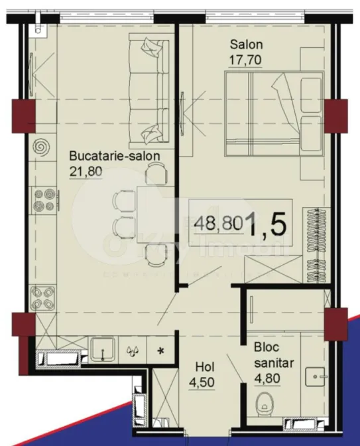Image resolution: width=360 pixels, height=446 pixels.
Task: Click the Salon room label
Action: click(247, 45)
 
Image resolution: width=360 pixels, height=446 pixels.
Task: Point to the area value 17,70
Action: click(247, 60)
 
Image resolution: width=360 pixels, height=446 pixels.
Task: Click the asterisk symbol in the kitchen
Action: click(161, 350)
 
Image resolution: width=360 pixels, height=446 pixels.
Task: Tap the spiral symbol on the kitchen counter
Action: click(41, 144)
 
